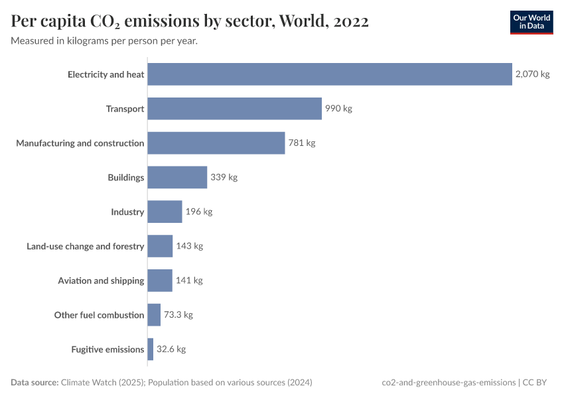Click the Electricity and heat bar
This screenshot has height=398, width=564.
[330, 74]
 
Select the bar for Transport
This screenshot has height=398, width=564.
[234, 109]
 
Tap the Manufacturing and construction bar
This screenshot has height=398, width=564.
[216, 143]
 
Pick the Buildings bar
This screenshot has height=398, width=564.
[177, 177]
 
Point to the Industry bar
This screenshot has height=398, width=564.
[165, 212]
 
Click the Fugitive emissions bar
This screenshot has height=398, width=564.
[151, 350]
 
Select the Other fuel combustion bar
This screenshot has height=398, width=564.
[154, 315]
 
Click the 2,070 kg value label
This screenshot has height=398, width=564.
[532, 74]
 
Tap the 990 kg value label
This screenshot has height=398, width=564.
[338, 109]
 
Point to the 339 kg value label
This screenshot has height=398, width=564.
[224, 177]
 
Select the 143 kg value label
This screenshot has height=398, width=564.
[189, 246]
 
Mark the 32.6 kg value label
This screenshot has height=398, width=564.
[171, 350]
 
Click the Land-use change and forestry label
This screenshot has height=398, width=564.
[85, 246]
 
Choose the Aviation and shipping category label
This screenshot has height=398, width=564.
[101, 281]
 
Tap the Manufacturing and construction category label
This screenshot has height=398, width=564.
[80, 143]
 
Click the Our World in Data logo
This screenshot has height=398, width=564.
[531, 22]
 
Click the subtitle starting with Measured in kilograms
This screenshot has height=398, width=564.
[104, 41]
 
